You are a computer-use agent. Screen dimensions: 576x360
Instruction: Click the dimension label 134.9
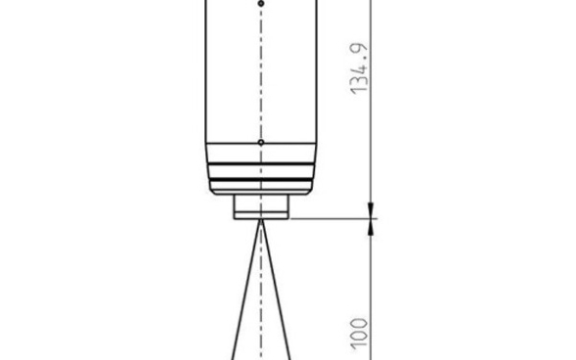pyautogui.click(x=359, y=69)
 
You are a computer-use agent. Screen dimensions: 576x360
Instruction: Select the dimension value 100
pyautogui.click(x=359, y=334)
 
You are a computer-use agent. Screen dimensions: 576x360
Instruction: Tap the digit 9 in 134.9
pyautogui.click(x=359, y=50)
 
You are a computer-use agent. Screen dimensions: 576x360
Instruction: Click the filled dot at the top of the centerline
pyautogui.click(x=261, y=4)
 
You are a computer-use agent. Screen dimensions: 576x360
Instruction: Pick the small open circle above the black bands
pyautogui.click(x=261, y=143)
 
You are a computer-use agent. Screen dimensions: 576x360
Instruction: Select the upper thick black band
pyautogui.click(x=261, y=163)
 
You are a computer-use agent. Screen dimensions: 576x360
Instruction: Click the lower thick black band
pyautogui.click(x=261, y=180)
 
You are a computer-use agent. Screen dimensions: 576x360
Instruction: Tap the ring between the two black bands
pyautogui.click(x=261, y=172)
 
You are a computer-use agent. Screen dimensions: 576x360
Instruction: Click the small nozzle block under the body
pyautogui.click(x=261, y=206)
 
